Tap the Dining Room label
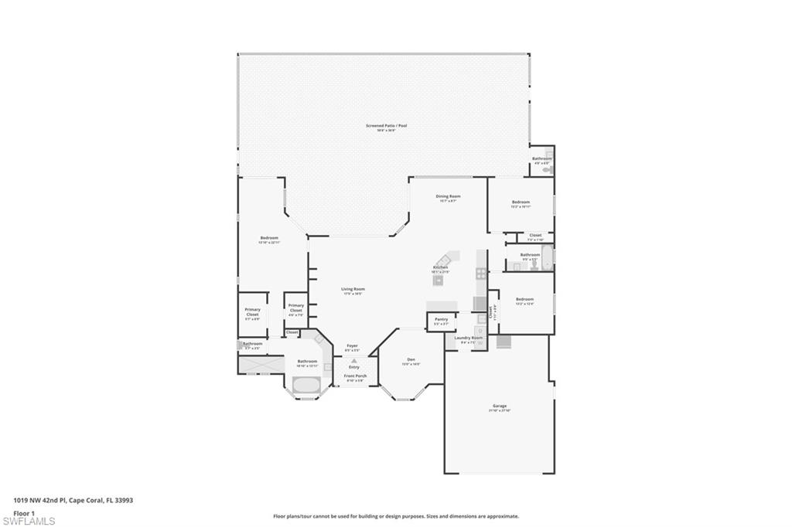(x=449, y=196)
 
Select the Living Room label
(x=353, y=290)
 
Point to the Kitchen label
(x=440, y=267)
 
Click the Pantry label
(x=441, y=319)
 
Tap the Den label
(x=411, y=359)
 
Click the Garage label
(x=500, y=406)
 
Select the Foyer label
(x=352, y=345)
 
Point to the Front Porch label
(x=355, y=376)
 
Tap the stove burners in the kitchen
(x=481, y=273)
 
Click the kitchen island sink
(x=439, y=280)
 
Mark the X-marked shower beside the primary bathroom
(x=260, y=364)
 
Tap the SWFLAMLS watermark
(x=29, y=520)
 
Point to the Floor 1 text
(x=25, y=512)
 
